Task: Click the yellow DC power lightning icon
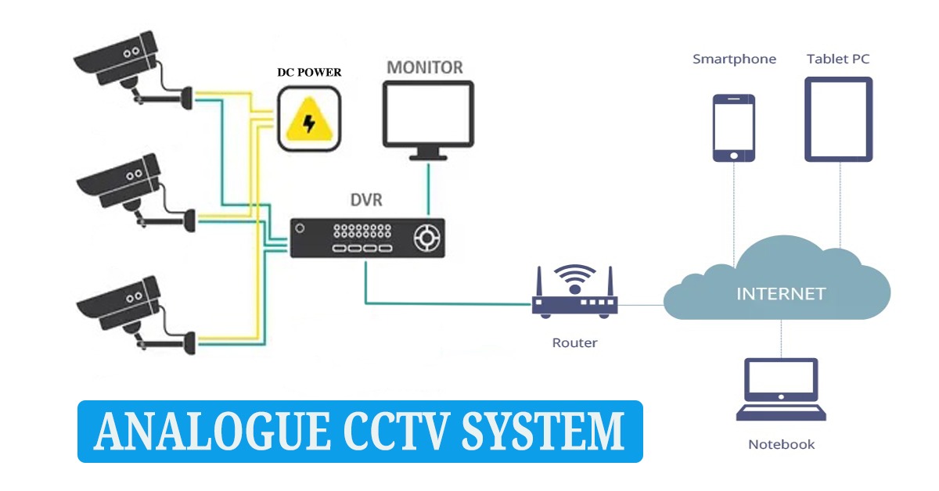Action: (309, 120)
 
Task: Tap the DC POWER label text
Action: (310, 73)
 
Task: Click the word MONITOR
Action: (425, 67)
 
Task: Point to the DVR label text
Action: (365, 200)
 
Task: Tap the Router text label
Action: (574, 342)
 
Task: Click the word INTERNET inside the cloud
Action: (781, 294)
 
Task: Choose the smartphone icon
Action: (733, 127)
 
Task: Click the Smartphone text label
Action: (734, 59)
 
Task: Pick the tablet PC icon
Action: (839, 119)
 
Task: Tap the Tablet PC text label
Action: (838, 59)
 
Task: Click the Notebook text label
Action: (781, 444)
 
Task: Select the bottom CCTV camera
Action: (125, 309)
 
